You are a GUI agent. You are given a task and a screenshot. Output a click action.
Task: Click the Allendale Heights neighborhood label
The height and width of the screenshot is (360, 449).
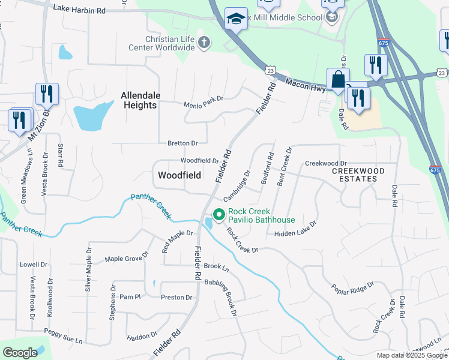(139, 100)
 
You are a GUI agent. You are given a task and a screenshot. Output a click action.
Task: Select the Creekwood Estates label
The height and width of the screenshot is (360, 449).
(358, 175)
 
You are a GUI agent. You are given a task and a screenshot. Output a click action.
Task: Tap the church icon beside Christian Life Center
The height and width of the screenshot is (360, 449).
(204, 43)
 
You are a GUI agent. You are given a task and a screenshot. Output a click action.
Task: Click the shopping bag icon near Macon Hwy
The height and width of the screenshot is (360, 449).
(338, 79)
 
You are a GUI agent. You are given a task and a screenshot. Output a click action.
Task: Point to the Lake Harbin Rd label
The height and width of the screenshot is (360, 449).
(79, 10)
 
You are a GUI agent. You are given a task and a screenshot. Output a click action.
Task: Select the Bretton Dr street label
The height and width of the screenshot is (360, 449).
(182, 143)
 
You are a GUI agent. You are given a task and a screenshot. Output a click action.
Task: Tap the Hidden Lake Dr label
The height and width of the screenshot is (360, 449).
(295, 229)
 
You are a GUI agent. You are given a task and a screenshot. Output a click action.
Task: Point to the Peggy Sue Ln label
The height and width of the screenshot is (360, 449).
(62, 335)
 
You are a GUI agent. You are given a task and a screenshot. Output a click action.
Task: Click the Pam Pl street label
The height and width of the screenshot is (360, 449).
(129, 296)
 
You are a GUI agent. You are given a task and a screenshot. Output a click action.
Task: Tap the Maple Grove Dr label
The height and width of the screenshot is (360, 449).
(127, 259)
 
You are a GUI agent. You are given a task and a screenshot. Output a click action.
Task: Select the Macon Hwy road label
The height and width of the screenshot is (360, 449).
(306, 85)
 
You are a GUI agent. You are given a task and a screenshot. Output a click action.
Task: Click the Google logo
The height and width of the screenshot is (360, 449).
(20, 352)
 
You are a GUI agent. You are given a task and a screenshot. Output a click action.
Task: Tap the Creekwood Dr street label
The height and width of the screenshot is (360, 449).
(326, 163)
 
